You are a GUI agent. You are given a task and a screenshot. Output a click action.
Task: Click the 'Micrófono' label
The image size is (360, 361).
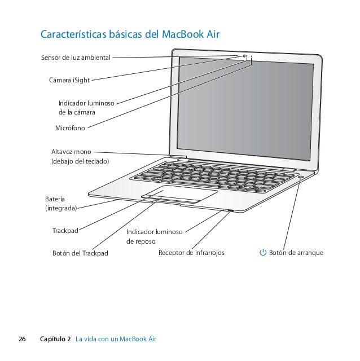(70, 129)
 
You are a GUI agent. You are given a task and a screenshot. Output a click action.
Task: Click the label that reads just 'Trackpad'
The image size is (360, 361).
(65, 231)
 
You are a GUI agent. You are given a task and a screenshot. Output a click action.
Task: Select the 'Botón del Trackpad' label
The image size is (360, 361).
(80, 253)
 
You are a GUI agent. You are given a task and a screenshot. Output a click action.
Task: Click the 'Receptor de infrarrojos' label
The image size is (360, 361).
(191, 253)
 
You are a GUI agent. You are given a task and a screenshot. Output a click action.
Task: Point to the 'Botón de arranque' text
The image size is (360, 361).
(296, 253)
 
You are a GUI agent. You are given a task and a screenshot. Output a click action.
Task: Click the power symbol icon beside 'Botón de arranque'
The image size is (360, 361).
(262, 253)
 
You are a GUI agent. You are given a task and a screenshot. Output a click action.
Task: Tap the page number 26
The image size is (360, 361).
(22, 339)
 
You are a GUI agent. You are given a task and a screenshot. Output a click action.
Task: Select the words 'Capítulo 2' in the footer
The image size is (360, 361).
(56, 339)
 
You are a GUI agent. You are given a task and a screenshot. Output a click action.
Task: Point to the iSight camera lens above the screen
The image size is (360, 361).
(245, 56)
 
